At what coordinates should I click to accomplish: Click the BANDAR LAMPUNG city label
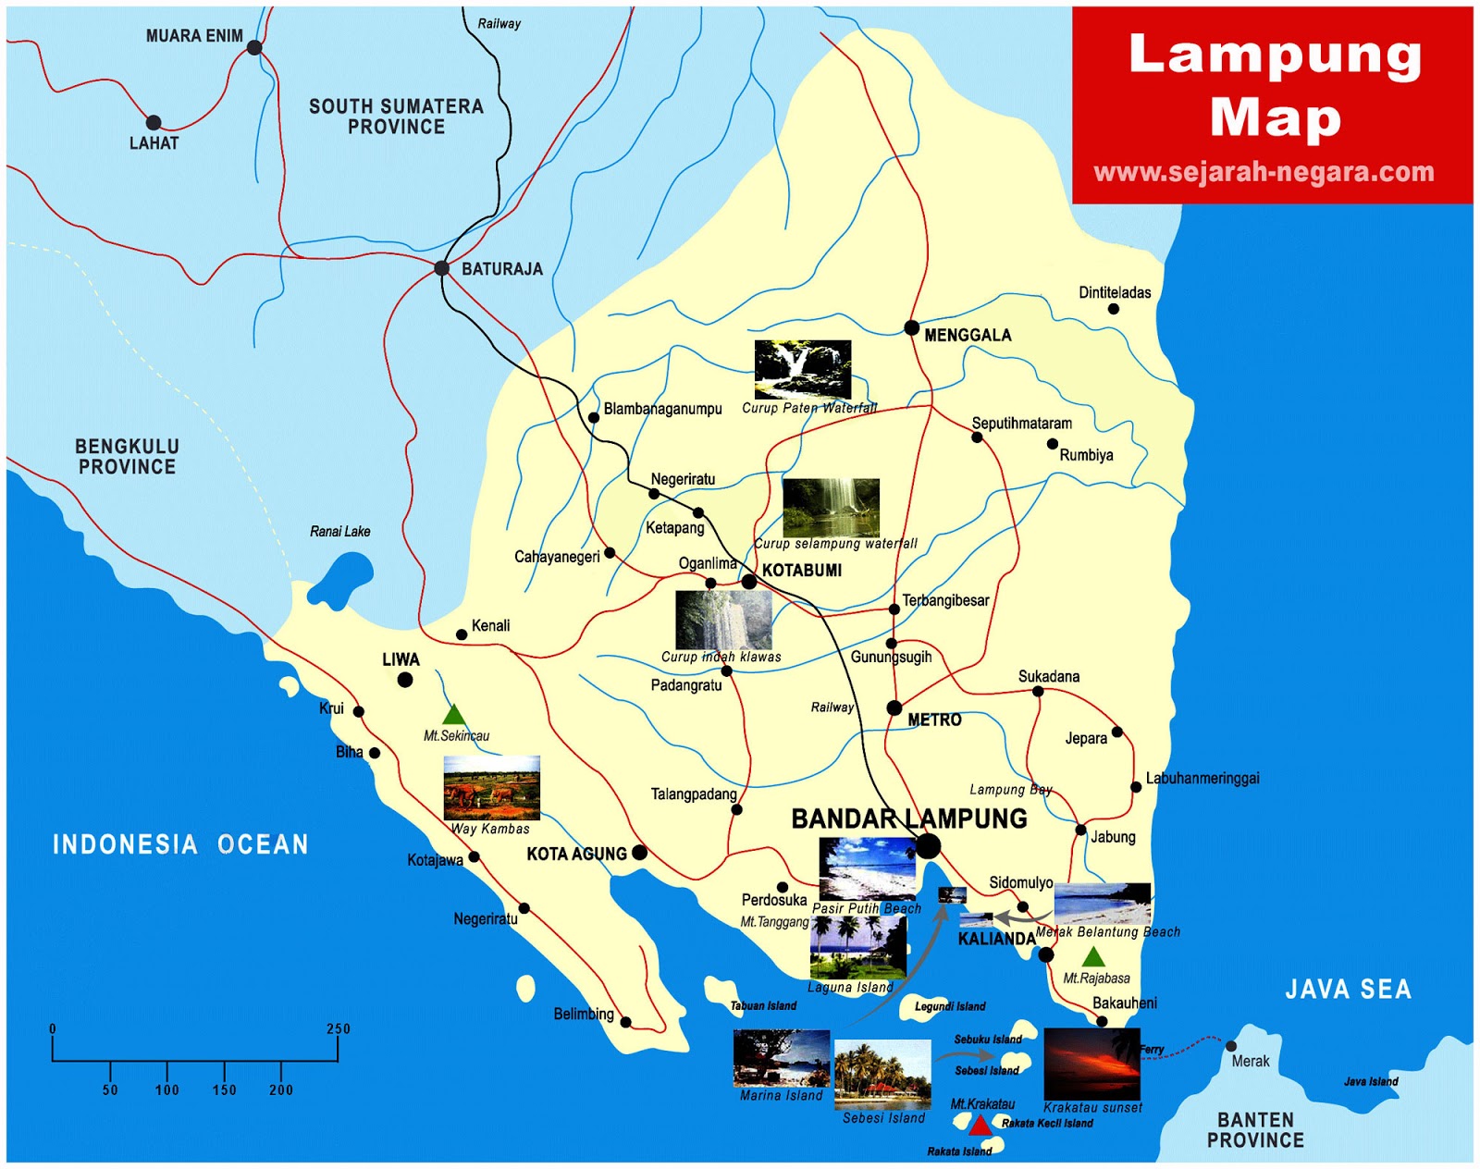909,818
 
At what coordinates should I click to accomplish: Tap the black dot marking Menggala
911,327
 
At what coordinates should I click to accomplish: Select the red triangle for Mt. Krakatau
980,1125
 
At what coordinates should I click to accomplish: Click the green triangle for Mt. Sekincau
453,715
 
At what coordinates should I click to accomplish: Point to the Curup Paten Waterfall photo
802,369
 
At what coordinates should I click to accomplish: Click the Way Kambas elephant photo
491,788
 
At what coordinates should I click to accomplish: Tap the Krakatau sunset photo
1091,1063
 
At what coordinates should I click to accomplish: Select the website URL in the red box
1264,172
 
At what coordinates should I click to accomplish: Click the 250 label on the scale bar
339,1028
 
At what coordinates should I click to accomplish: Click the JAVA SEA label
1348,990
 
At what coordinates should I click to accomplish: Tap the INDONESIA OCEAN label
180,844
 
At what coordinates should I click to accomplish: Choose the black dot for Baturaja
442,268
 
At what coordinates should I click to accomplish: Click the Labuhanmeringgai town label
1202,778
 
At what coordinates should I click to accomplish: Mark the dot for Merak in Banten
1231,1046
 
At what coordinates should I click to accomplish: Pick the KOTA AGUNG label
576,854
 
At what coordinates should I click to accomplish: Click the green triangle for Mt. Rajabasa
1093,957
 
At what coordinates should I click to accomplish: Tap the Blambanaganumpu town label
662,409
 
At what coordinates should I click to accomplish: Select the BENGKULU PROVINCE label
127,457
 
